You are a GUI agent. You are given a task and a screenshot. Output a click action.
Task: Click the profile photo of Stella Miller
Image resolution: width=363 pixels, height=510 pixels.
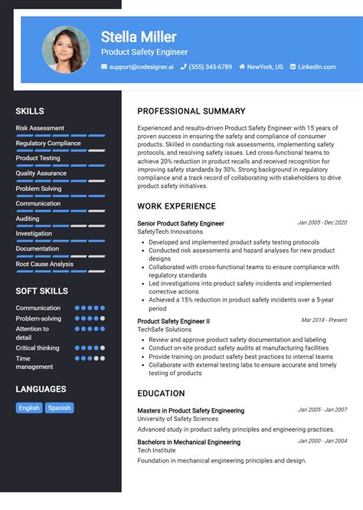coord(66,51)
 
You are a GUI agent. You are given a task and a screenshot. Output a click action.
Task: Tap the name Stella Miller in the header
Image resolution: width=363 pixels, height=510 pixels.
coord(139,37)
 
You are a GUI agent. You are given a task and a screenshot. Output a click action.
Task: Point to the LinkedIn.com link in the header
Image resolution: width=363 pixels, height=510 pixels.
coord(316,67)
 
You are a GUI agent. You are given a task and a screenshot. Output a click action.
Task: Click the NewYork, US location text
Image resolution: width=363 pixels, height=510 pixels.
coord(265,67)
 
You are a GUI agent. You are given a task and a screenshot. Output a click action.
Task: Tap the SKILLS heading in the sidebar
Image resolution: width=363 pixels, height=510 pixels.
coord(30,111)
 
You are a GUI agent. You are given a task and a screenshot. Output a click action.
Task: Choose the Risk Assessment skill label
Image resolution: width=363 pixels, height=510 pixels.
coord(40,128)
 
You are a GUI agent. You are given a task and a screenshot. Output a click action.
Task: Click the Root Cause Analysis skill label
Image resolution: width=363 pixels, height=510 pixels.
coord(44,264)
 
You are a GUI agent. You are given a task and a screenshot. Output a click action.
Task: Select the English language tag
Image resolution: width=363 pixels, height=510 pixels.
coord(29,408)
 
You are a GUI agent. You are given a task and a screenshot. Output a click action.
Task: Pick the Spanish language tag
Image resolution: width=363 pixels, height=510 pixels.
coord(59,408)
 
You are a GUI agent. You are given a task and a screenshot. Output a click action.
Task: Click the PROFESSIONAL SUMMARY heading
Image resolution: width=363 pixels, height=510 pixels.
coord(191,111)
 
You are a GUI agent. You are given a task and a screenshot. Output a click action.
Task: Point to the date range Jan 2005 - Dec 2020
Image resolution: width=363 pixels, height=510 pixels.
coord(322,222)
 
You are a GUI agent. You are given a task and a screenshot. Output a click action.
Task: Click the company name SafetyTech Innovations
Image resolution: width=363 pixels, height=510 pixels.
coord(170,232)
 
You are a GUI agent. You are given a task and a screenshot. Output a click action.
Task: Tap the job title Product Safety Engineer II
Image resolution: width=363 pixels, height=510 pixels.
coord(173,321)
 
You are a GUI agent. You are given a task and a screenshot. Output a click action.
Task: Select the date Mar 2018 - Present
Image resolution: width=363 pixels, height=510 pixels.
coord(324,320)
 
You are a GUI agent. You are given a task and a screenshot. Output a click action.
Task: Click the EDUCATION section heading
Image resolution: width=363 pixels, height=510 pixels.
coord(161,393)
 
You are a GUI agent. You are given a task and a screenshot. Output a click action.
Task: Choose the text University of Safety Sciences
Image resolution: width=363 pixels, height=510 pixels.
coord(178,420)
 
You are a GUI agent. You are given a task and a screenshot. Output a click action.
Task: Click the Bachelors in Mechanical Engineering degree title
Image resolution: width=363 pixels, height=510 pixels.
coord(188,442)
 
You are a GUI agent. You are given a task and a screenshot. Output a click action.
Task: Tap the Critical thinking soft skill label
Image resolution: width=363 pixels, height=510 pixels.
coord(38,347)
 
